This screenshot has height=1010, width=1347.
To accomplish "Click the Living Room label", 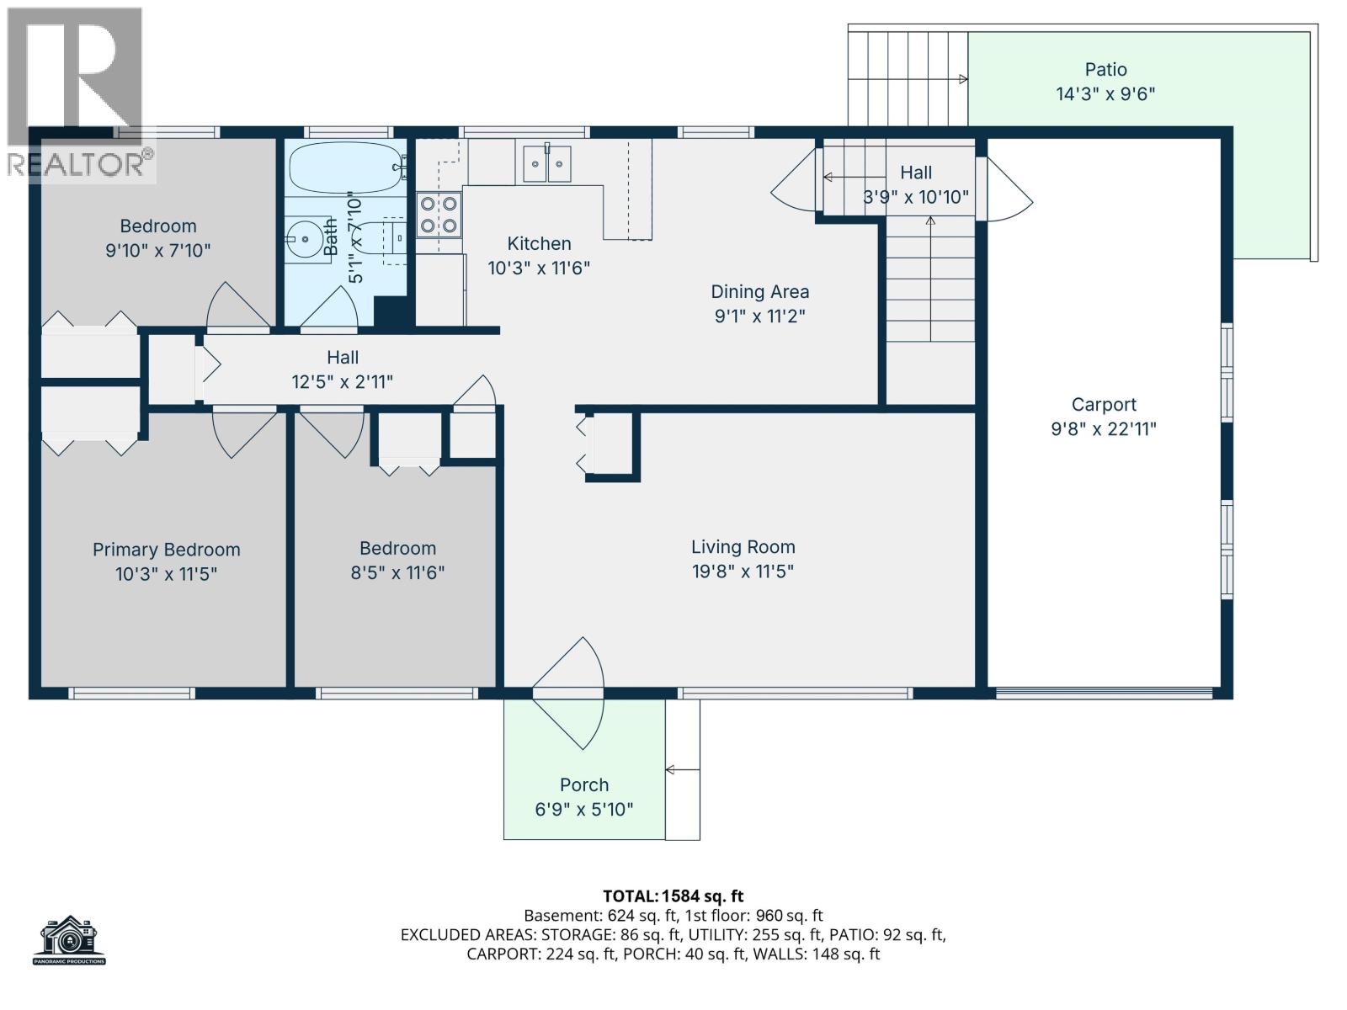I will (743, 547).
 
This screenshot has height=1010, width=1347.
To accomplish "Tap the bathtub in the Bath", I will (346, 167).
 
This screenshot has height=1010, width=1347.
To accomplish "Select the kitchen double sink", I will (547, 163).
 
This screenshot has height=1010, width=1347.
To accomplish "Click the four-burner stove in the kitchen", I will (439, 214).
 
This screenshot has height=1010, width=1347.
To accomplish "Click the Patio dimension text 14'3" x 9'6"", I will (1105, 93).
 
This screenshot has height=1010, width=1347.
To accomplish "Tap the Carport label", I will (1104, 405).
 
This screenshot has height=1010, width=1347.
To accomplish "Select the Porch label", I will (583, 784).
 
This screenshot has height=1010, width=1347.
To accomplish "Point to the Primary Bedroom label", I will (166, 550).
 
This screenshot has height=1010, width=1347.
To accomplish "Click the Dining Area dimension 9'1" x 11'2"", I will (759, 316).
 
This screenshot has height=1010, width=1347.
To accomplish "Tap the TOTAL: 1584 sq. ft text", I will (673, 896).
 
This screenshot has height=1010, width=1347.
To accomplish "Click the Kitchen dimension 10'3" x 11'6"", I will (539, 268).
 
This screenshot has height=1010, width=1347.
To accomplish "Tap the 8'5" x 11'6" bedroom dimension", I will (397, 573).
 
